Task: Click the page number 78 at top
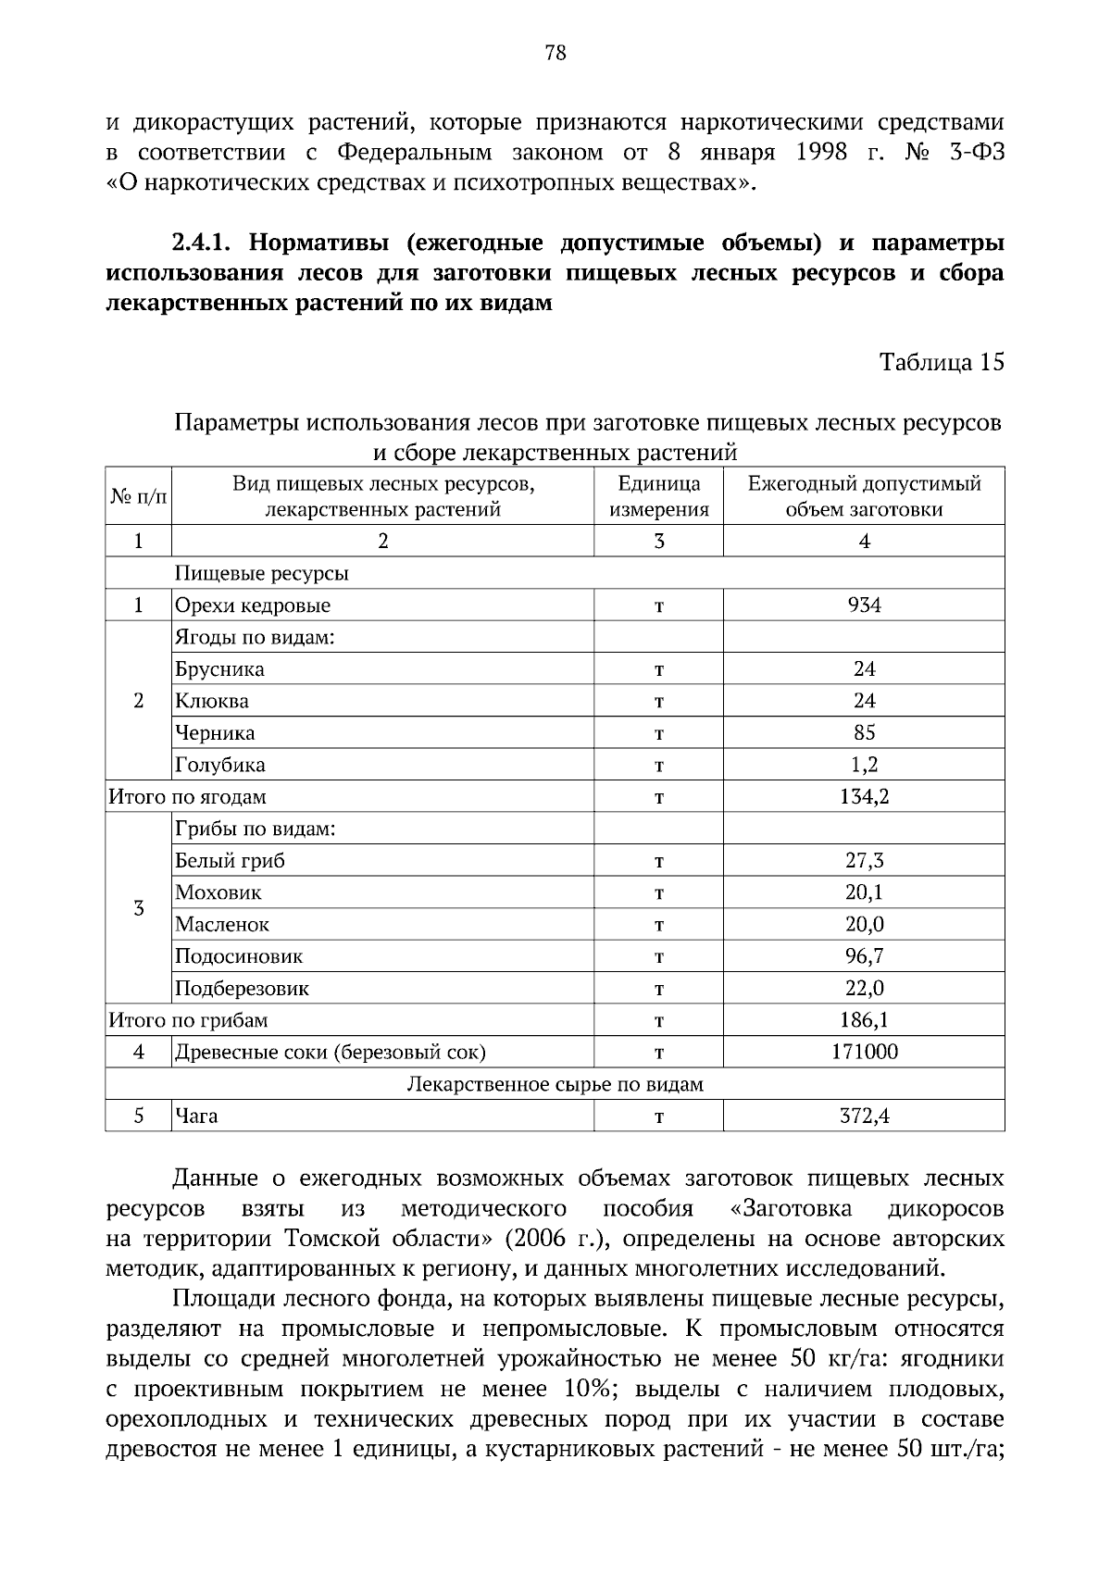tap(555, 53)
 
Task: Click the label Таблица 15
tap(942, 362)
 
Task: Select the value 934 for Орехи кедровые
tap(864, 605)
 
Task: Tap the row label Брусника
tap(219, 669)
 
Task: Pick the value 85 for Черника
tap(864, 733)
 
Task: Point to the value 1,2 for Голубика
tap(864, 765)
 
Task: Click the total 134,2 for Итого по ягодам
tap(864, 797)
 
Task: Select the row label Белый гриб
tap(230, 861)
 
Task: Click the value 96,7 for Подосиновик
tap(864, 956)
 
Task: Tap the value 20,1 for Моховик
tap(864, 892)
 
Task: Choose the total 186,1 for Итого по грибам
tap(864, 1020)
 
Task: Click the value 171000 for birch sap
tap(864, 1052)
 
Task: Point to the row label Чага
tap(196, 1117)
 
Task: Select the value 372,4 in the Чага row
tap(864, 1117)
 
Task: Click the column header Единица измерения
tap(658, 496)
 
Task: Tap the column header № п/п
tap(139, 497)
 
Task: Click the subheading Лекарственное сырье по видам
tap(555, 1084)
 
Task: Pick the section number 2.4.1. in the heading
tap(205, 244)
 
